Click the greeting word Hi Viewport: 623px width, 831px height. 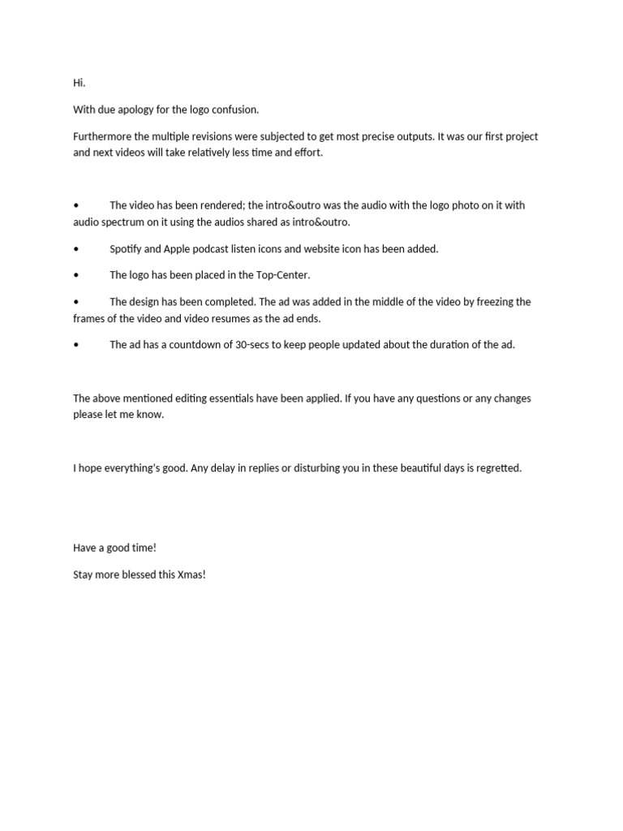(x=79, y=83)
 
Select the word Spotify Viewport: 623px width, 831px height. (x=128, y=248)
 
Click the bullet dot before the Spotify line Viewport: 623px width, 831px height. (x=76, y=248)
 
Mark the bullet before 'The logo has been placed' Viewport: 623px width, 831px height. (x=76, y=275)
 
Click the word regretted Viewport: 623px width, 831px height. (x=496, y=468)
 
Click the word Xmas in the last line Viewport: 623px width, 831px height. (x=191, y=575)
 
